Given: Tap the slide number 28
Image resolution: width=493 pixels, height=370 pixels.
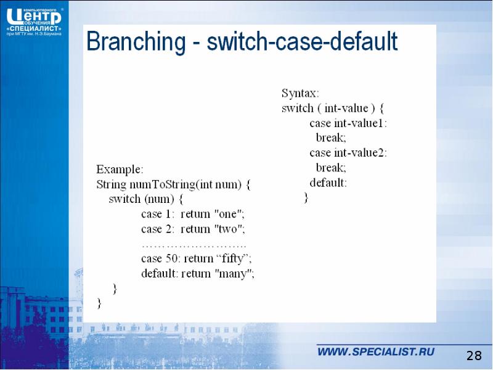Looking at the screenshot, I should [473, 355].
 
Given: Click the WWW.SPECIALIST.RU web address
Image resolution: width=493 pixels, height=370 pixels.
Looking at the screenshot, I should [376, 352].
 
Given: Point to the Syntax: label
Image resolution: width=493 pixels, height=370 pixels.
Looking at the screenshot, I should [300, 94].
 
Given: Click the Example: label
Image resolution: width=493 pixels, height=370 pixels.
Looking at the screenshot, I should [120, 169].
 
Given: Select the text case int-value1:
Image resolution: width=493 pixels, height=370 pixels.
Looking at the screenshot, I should [348, 123].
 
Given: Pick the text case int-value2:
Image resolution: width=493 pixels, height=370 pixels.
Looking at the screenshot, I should [348, 153].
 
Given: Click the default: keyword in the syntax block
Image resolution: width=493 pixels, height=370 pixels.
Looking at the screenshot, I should [328, 183].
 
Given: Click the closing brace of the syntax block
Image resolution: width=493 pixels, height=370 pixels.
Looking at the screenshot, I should [306, 198].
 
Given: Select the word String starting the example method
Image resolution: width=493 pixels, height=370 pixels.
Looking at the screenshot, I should [111, 184].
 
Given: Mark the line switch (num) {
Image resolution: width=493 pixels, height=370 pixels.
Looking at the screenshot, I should [146, 199].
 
